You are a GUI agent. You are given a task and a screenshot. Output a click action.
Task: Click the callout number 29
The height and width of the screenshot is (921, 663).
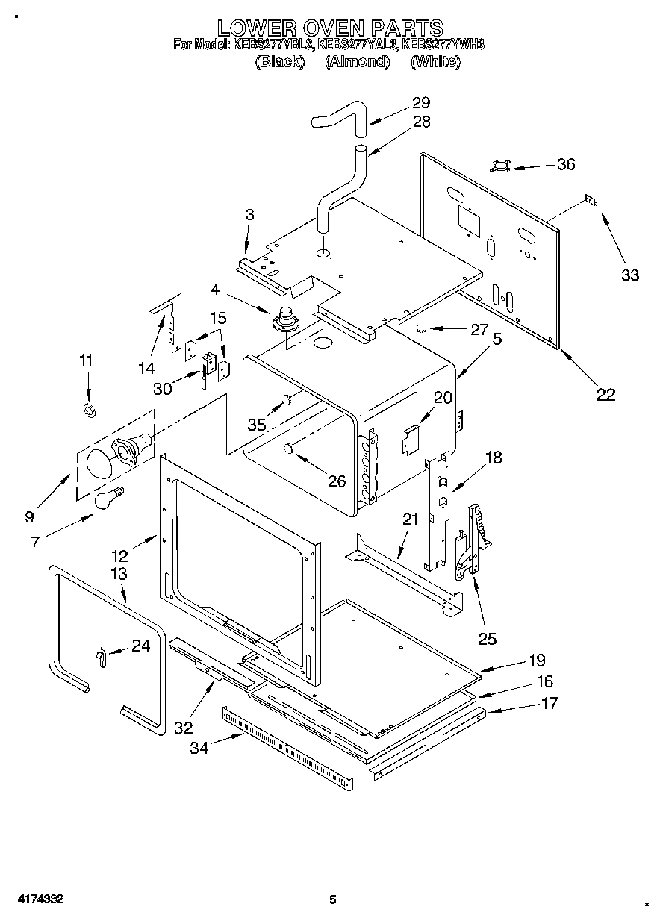[421, 103]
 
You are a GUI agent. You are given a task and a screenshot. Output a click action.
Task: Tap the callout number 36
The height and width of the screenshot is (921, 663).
[566, 164]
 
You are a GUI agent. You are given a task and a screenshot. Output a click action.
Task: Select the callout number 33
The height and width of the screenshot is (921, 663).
[630, 275]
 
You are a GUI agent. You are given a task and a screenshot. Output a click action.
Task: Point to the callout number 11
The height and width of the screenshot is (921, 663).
[87, 360]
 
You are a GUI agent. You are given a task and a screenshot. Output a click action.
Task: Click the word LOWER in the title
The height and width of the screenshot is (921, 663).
[254, 28]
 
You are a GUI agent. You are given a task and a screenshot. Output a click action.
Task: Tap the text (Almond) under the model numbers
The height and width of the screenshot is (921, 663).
[358, 62]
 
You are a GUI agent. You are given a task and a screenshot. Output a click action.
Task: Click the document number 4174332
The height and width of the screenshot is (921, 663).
[36, 899]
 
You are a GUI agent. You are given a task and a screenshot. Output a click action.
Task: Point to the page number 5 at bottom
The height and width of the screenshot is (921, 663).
[334, 899]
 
